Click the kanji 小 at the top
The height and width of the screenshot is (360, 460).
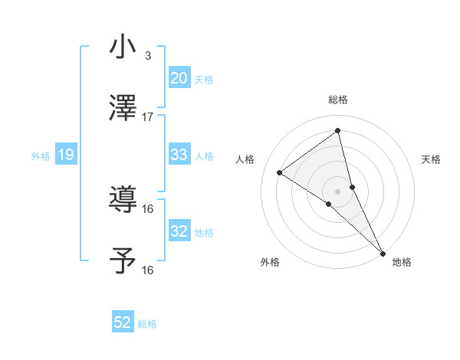point(123,47)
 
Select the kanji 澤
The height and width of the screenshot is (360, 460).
point(123,108)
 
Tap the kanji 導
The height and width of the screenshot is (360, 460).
point(123,200)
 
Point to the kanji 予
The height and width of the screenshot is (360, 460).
point(123,260)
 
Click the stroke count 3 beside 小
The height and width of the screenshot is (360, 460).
point(147,56)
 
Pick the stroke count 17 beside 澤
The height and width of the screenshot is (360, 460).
point(148,117)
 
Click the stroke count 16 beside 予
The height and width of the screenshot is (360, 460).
point(148,270)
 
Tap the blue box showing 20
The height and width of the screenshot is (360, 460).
point(179,78)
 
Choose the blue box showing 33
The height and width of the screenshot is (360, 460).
point(179,155)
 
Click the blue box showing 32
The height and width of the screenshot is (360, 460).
point(179,231)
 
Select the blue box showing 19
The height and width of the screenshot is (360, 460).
point(66,155)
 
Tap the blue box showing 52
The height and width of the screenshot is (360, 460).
point(123,322)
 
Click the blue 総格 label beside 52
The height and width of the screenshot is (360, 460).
point(147,324)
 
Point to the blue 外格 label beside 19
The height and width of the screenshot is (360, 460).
point(41,156)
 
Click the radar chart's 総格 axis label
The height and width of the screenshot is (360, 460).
point(338,100)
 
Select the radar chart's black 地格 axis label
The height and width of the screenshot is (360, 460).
point(402,263)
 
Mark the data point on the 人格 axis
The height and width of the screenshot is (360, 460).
point(280,172)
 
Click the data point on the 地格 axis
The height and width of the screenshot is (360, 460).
point(383,253)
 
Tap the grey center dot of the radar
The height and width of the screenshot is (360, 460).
point(338,191)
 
